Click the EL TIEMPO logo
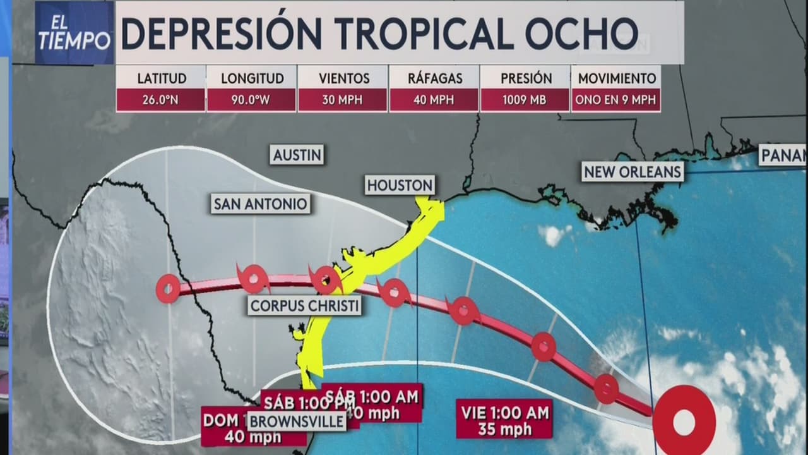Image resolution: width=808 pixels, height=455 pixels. [74, 32]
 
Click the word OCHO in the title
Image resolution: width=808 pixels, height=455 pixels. [586, 32]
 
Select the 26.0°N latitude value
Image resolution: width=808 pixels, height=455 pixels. [161, 100]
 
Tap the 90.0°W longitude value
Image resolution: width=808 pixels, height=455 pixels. [251, 100]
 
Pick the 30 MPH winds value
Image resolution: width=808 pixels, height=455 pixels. [343, 100]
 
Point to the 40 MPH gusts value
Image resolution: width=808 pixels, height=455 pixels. [434, 100]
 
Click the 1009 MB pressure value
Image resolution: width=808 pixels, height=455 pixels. [525, 100]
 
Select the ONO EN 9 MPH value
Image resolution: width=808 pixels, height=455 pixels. [615, 100]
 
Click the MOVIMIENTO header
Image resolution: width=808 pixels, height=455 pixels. [615, 78]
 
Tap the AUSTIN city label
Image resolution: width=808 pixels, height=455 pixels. [297, 154]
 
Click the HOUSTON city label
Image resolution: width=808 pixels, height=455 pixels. [400, 185]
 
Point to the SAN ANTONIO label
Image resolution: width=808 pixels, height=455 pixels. [260, 203]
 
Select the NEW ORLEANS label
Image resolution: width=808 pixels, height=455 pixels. [633, 172]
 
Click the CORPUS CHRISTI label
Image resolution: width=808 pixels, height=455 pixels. [304, 306]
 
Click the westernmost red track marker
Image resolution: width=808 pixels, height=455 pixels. [169, 289]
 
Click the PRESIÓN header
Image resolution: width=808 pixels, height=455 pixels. [525, 78]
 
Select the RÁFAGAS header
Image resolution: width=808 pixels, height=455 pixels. [434, 78]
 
